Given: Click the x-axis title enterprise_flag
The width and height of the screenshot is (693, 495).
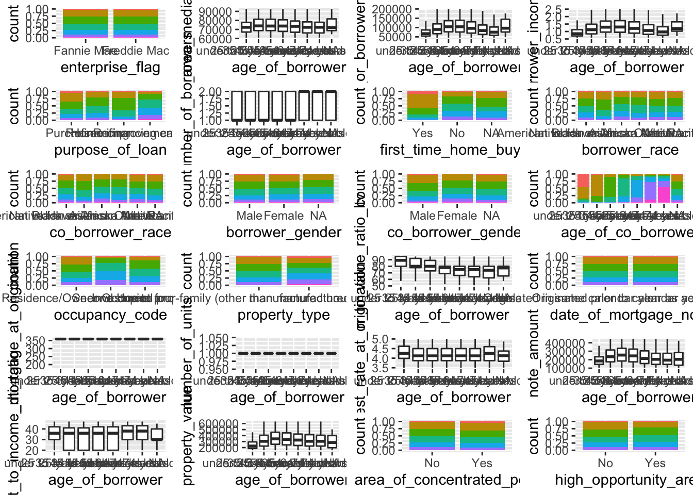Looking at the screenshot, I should (110, 68).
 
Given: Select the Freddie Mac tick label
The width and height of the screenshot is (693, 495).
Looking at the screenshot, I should (136, 51).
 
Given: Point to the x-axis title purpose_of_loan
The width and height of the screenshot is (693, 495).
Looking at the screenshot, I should (110, 150).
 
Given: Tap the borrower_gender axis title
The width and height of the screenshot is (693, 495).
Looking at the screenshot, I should (284, 233).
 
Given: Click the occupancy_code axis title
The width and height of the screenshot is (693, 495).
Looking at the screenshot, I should (110, 315).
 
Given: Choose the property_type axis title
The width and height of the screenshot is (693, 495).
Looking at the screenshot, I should (284, 315).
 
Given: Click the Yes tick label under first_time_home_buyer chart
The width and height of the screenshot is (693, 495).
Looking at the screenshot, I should (422, 133).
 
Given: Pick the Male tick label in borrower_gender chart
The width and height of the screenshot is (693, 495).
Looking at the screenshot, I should (250, 216).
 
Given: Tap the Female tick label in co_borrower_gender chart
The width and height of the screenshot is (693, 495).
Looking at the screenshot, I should (457, 216).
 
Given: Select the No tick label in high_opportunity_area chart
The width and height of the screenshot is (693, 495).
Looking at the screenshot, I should (605, 463).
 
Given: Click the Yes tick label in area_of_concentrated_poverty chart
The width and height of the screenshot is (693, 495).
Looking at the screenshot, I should (482, 463).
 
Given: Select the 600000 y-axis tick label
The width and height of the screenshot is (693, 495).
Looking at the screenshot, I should (221, 424).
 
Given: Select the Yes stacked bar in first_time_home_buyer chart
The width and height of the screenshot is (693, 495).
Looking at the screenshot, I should (422, 106).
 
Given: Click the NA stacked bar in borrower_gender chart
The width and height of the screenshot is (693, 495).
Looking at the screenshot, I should (319, 188).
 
